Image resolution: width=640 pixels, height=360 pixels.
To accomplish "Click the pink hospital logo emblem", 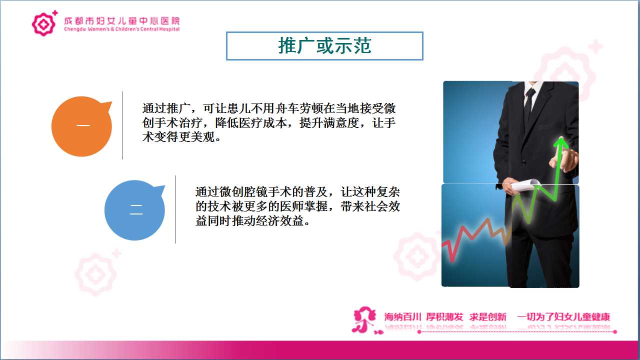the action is [x=43, y=24].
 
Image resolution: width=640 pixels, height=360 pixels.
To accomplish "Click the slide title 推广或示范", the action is [x=324, y=45].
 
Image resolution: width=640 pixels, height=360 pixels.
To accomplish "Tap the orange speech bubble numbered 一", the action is [x=81, y=126].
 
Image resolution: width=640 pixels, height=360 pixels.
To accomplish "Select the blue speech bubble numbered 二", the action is [x=135, y=210].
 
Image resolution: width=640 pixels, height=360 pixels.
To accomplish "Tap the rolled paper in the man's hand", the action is [x=525, y=185].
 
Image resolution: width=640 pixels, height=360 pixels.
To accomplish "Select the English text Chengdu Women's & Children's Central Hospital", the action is [x=121, y=29].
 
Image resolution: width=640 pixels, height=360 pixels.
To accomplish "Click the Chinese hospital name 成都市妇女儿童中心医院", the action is [x=121, y=20].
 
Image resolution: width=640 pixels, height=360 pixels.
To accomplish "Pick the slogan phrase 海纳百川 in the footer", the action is [x=402, y=317].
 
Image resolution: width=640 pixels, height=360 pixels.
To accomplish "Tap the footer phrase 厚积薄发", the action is [x=444, y=317].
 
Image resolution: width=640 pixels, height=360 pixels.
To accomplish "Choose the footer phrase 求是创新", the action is [x=487, y=317].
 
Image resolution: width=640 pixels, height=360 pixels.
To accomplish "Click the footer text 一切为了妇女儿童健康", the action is [x=563, y=317].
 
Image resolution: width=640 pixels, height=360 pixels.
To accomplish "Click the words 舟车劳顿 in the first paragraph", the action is [x=299, y=108].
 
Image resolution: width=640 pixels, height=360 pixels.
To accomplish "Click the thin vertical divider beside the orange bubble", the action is [x=123, y=125].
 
